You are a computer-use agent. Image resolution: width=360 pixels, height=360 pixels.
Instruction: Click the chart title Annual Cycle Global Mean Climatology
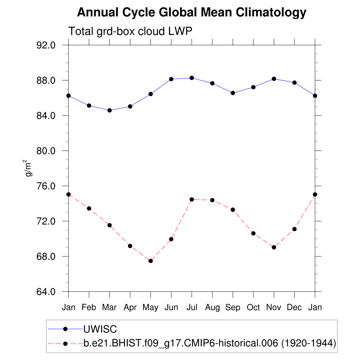(x=192, y=13)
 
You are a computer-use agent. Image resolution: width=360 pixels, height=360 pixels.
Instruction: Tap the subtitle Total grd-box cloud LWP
(x=130, y=31)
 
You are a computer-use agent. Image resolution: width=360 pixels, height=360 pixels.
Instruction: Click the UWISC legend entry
(x=100, y=329)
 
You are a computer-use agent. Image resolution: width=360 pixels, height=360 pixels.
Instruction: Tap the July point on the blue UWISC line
(x=192, y=78)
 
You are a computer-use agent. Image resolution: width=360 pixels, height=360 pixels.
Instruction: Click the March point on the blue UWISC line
(x=109, y=110)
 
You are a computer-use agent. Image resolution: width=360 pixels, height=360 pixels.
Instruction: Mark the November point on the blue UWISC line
(x=274, y=79)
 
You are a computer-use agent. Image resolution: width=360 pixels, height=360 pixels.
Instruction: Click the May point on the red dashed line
(x=150, y=261)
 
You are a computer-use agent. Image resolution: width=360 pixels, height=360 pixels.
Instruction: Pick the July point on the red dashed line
(x=192, y=199)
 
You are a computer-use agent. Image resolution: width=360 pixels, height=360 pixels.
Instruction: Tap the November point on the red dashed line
(x=274, y=247)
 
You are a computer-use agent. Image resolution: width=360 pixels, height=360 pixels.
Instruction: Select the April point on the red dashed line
(x=130, y=246)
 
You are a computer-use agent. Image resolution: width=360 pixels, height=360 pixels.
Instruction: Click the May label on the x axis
(x=150, y=308)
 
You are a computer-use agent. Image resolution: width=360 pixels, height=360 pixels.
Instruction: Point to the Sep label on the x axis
(x=233, y=308)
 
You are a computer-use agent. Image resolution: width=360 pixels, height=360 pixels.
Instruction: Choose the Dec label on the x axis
(x=294, y=308)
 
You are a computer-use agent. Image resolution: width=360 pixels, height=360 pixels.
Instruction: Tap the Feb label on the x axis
(x=89, y=308)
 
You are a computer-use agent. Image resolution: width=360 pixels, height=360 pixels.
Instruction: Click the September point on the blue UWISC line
(x=233, y=93)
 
